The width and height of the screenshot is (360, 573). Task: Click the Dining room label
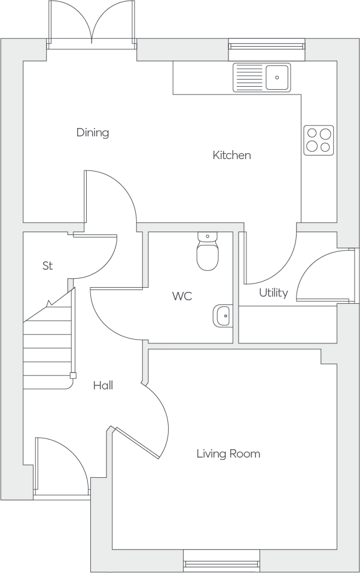(x=93, y=132)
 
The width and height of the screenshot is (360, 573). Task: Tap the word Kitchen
(x=231, y=155)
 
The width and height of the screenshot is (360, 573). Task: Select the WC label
(x=182, y=296)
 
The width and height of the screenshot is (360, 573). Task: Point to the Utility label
(x=273, y=292)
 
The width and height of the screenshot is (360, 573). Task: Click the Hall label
(x=103, y=385)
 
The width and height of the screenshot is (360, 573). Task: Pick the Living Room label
(x=228, y=454)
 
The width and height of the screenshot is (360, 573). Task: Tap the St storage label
(x=47, y=266)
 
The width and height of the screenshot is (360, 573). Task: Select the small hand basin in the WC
(x=222, y=315)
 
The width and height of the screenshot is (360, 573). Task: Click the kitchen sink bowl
(x=277, y=78)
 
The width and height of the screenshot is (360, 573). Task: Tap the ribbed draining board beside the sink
(x=249, y=78)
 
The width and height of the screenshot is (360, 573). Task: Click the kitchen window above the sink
(x=267, y=46)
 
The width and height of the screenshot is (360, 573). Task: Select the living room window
(x=221, y=565)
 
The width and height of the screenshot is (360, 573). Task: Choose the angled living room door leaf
(x=137, y=443)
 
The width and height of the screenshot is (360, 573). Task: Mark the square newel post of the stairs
(x=73, y=375)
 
